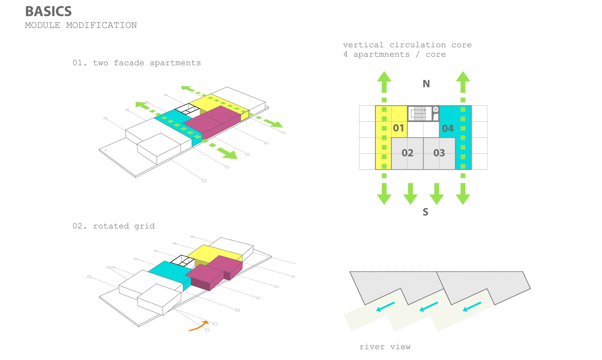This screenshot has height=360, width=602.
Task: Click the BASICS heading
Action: (48, 11)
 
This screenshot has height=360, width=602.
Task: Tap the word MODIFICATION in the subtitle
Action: (101, 25)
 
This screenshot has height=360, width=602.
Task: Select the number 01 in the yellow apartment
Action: (399, 128)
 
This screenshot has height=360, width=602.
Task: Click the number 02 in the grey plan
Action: (408, 153)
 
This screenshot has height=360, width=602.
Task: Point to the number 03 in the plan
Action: (439, 153)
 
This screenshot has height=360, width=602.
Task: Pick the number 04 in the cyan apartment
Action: (448, 129)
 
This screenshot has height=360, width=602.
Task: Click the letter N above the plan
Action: (426, 84)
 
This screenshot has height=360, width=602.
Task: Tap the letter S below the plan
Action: (425, 212)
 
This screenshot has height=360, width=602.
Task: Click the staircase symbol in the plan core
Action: (418, 113)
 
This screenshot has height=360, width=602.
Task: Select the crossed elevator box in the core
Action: (436, 109)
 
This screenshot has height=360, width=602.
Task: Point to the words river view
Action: (385, 347)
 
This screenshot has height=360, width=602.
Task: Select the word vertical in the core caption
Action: (363, 45)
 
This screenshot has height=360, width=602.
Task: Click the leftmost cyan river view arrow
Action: (385, 307)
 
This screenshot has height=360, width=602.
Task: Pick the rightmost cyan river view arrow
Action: (472, 307)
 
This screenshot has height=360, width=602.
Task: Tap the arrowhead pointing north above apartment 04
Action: (463, 77)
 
